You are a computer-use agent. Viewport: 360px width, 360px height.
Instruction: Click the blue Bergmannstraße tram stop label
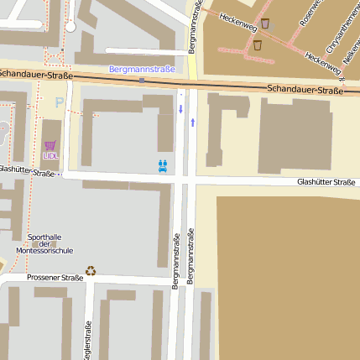click(142, 69)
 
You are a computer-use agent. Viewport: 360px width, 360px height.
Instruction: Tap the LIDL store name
click(52, 155)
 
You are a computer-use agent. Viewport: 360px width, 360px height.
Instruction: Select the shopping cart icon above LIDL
click(51, 144)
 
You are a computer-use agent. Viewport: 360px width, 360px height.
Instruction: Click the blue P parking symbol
click(59, 102)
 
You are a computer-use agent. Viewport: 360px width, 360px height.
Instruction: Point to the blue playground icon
click(163, 165)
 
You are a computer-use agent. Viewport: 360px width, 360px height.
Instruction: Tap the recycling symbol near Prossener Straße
click(91, 270)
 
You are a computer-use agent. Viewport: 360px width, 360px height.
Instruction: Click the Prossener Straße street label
click(55, 278)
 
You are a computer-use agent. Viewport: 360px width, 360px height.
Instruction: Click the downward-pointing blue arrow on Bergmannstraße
click(180, 109)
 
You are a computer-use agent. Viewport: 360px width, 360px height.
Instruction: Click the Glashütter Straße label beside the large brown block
click(326, 181)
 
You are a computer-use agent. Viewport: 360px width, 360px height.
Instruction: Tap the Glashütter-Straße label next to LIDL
click(27, 170)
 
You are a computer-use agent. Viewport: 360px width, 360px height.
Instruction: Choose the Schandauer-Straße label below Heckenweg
click(306, 89)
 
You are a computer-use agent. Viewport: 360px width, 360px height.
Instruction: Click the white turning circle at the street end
click(70, 27)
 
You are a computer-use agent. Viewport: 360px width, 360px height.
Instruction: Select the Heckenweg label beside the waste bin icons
click(237, 21)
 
